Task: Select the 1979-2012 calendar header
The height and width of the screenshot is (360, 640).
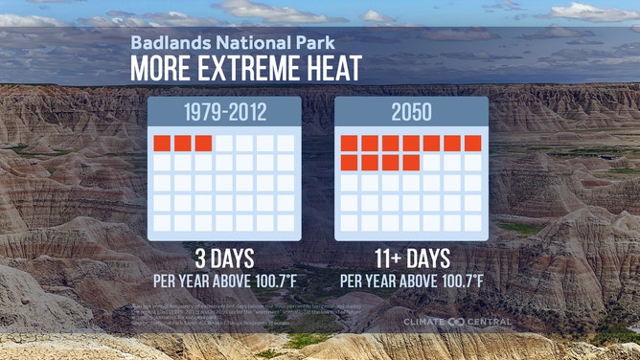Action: [224, 112]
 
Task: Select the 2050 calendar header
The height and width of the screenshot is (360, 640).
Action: [411, 112]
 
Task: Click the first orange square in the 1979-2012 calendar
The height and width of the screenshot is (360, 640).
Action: [162, 143]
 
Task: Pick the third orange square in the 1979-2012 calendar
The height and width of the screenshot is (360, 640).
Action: [203, 143]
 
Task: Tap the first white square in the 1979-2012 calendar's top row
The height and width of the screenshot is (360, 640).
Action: [224, 143]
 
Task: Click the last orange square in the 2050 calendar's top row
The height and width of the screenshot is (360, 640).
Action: [472, 143]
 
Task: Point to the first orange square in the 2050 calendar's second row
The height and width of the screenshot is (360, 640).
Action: [349, 163]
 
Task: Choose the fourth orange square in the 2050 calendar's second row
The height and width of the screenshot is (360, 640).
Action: [411, 163]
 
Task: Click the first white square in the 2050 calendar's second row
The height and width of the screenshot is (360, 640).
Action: [431, 163]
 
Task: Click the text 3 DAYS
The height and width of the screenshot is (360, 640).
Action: [224, 259]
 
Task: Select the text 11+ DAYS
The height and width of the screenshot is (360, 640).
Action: [411, 259]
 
